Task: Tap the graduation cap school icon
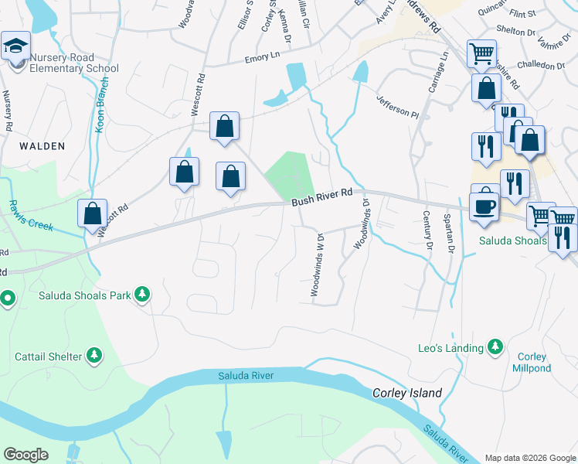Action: click(15, 47)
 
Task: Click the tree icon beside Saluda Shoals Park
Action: click(141, 294)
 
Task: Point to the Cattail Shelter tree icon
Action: click(94, 356)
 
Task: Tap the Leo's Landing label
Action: click(450, 348)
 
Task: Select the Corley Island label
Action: click(408, 393)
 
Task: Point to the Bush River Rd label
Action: click(321, 197)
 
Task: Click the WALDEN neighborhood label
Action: click(42, 145)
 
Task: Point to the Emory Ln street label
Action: click(262, 57)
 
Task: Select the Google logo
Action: click(26, 455)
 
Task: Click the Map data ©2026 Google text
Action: click(529, 458)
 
